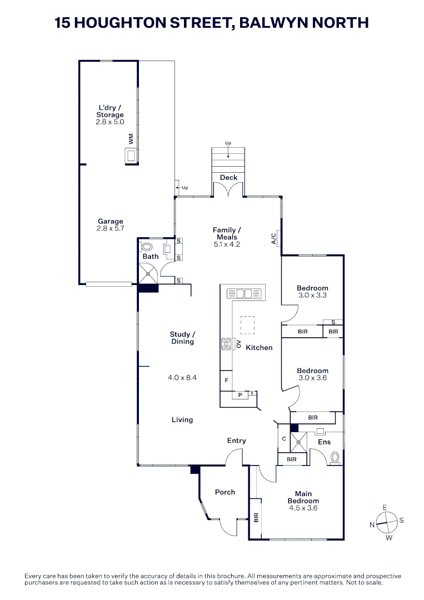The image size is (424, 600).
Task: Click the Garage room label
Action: tap(110, 221)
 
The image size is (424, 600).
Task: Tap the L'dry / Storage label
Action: tap(110, 111)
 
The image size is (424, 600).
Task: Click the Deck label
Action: tap(228, 178)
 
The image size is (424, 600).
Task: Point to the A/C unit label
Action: tap(273, 238)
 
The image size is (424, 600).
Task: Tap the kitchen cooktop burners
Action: tap(226, 344)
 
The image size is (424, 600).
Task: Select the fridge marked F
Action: tap(226, 381)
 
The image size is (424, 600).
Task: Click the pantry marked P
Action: tap(240, 395)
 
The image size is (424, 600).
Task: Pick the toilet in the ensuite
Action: tap(335, 458)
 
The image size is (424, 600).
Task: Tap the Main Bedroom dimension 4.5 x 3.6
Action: tap(303, 508)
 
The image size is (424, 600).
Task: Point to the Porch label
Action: tap(225, 492)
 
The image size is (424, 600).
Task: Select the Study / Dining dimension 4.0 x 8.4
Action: tap(182, 378)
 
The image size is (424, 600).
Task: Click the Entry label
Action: tap(237, 441)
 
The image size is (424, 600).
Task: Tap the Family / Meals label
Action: tap(227, 233)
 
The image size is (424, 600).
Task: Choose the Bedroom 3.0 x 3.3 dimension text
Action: tap(312, 296)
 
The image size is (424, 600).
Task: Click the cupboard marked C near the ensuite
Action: tap(284, 439)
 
